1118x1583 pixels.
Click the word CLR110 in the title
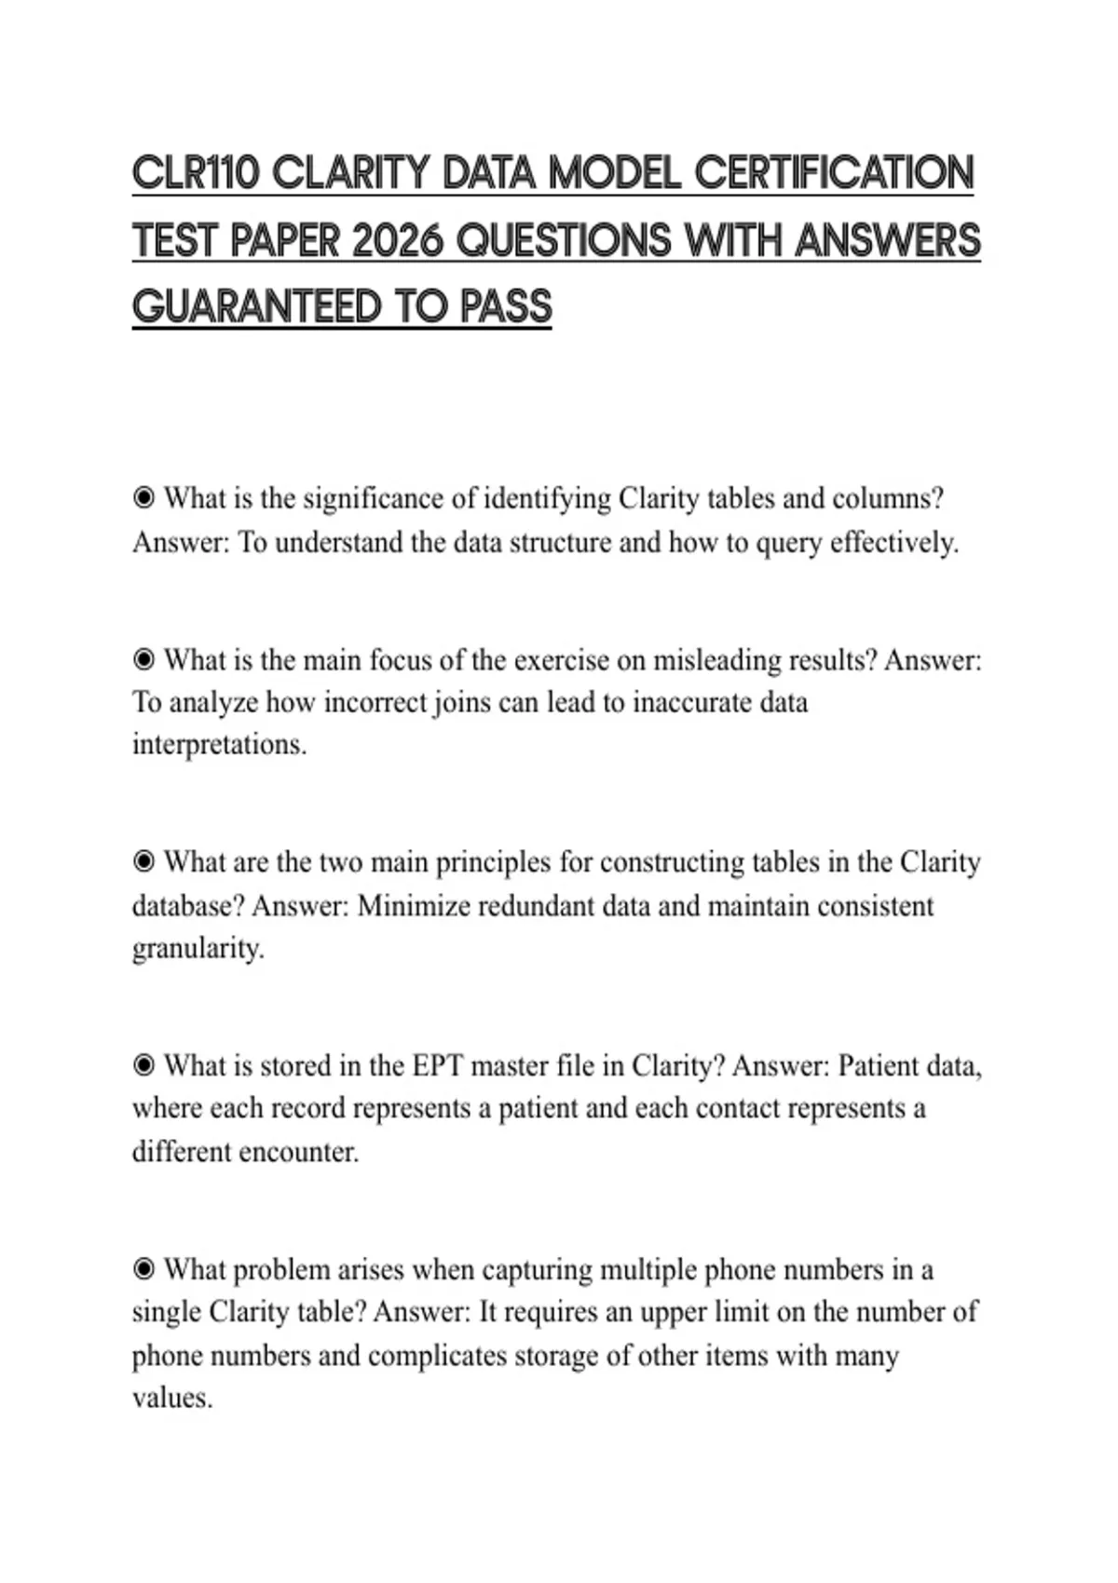click(x=195, y=174)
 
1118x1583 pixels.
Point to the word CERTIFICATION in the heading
click(x=834, y=174)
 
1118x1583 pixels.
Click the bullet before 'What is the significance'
click(x=144, y=498)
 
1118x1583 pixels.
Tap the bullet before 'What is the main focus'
click(x=144, y=660)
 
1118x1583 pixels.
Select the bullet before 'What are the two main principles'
click(x=144, y=862)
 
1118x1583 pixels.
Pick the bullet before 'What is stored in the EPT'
click(x=144, y=1065)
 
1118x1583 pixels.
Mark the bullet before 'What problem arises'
click(x=144, y=1269)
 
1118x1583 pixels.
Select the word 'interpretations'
click(x=218, y=745)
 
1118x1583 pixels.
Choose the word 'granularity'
click(x=198, y=949)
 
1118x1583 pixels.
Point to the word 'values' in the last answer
click(x=171, y=1399)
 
